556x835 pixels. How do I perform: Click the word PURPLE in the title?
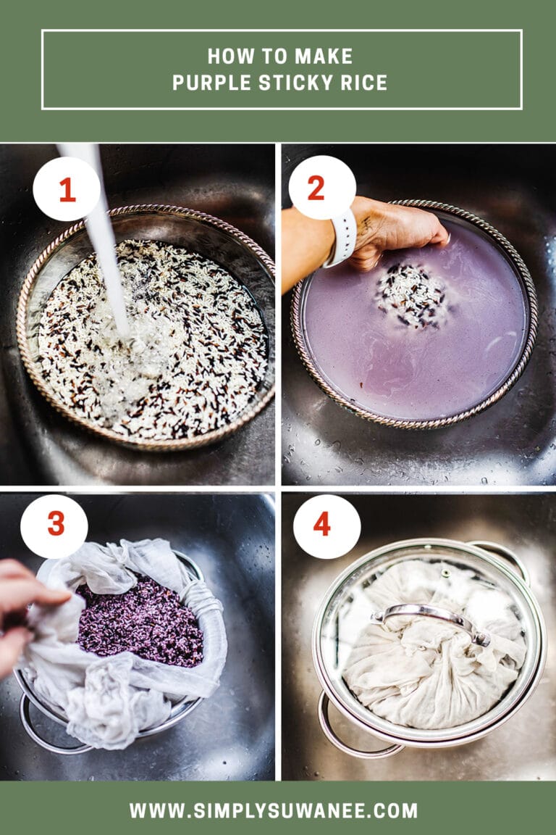pyautogui.click(x=208, y=83)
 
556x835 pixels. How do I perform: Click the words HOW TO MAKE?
pyautogui.click(x=280, y=56)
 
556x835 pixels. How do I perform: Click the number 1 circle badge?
pyautogui.click(x=67, y=189)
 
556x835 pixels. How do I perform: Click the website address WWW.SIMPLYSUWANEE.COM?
pyautogui.click(x=274, y=810)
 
